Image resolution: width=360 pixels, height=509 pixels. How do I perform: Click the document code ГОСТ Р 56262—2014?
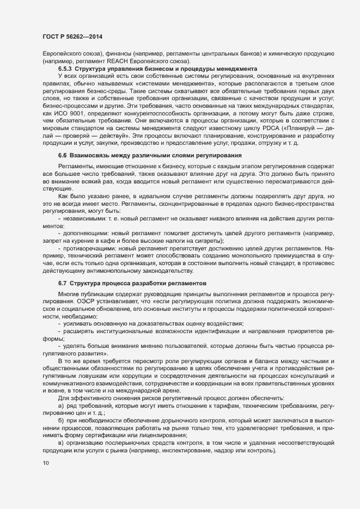[72, 36]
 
